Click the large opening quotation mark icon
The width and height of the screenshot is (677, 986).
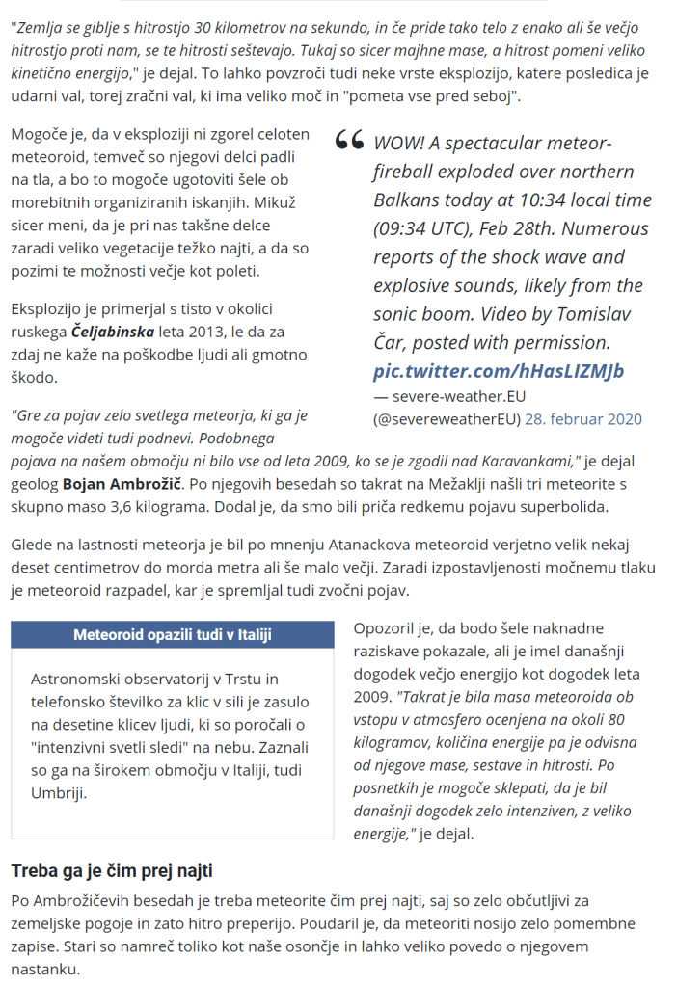tap(349, 142)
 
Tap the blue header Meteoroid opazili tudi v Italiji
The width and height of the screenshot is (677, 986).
tap(173, 635)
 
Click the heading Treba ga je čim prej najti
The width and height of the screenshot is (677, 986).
tap(111, 871)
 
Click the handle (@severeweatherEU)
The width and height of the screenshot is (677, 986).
tap(447, 419)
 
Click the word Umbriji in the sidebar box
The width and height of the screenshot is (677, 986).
tap(59, 793)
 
